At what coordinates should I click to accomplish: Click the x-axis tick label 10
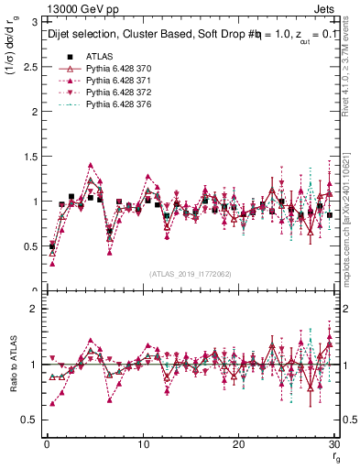point(143,444)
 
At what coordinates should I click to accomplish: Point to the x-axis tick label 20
point(240,444)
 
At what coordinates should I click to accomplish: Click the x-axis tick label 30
point(335,444)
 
